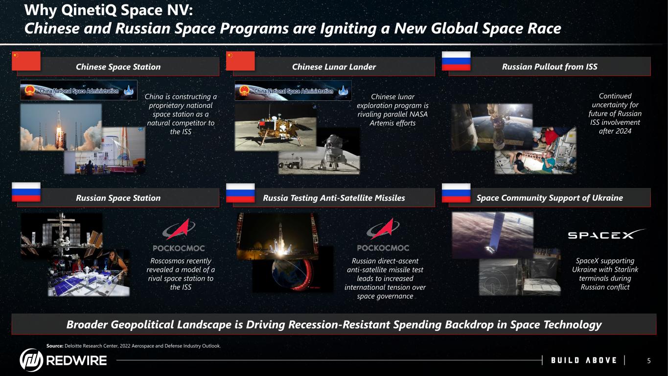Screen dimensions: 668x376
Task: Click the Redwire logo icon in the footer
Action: (31, 360)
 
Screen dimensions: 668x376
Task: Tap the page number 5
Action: (649, 361)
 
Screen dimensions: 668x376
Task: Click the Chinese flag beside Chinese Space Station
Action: (26, 61)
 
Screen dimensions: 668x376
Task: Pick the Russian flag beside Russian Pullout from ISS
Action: (456, 61)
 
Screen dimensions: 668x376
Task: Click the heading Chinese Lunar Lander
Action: (334, 67)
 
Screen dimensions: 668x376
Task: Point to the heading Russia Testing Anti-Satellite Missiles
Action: (334, 198)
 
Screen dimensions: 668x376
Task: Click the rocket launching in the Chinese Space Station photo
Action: (59, 131)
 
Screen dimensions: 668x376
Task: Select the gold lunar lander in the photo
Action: (277, 129)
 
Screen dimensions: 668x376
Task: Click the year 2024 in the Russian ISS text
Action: (623, 131)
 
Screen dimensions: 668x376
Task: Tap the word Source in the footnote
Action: (55, 346)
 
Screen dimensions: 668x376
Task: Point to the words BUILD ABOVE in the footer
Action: (584, 360)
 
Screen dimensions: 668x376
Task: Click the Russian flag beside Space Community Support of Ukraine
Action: (456, 193)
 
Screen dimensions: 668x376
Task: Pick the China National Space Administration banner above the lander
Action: (293, 91)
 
